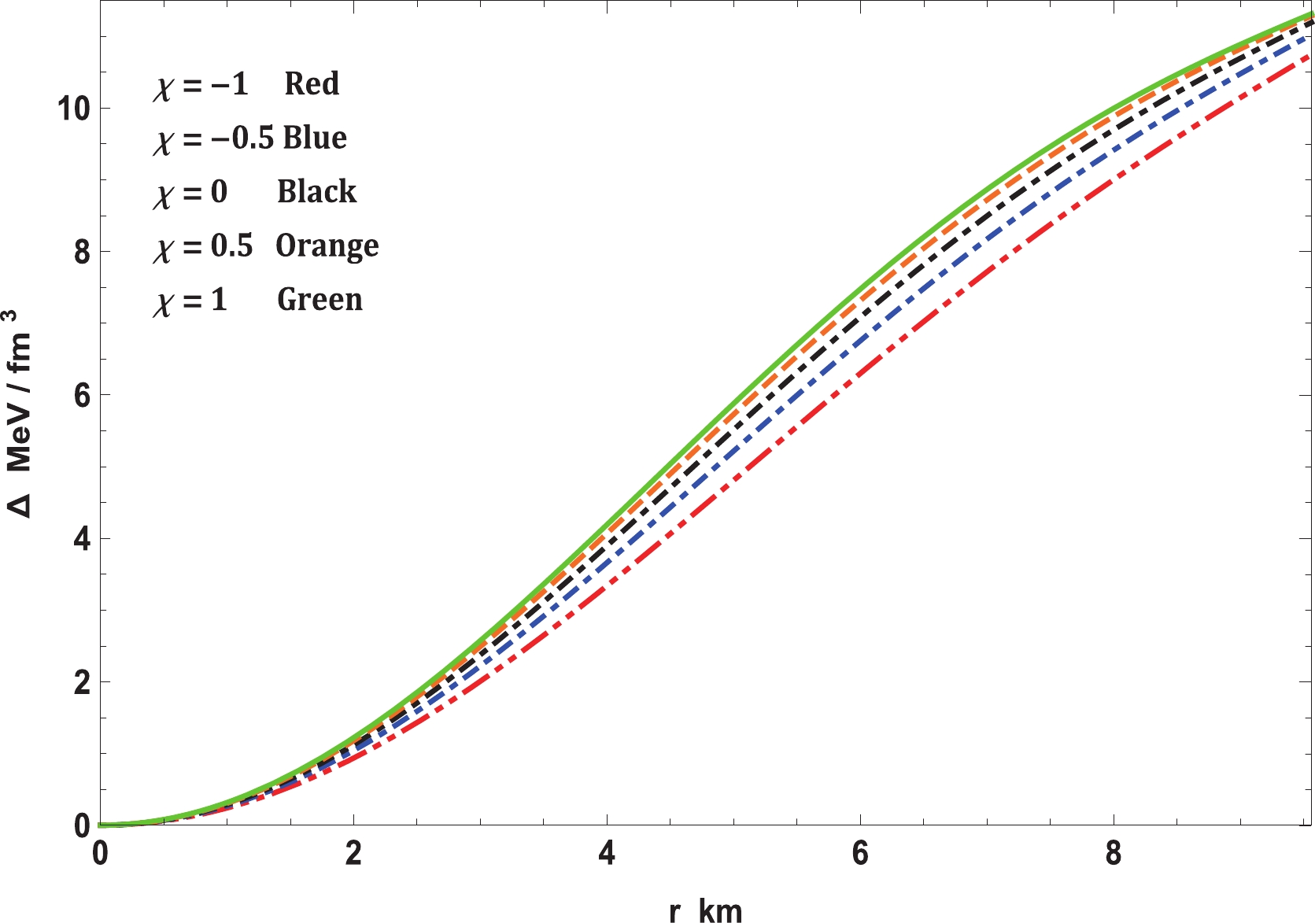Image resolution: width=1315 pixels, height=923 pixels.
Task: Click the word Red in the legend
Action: tap(312, 83)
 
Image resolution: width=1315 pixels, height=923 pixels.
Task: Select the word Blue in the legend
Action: tap(315, 138)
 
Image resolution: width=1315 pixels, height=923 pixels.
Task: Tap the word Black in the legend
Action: tap(316, 191)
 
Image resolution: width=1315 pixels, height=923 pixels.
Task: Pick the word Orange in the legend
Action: tap(327, 246)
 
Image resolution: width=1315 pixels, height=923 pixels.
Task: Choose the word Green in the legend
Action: tap(320, 300)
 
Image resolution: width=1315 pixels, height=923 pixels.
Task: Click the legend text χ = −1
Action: tap(201, 84)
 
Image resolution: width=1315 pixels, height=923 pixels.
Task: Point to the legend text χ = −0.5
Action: tap(213, 138)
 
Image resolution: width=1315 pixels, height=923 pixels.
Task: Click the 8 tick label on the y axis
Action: tap(81, 252)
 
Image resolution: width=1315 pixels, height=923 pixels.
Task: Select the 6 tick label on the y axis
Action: tap(81, 395)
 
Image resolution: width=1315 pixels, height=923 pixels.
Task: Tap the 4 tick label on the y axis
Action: tap(81, 539)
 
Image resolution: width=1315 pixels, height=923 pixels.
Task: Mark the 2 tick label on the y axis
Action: tap(81, 682)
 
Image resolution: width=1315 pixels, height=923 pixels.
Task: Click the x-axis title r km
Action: tap(705, 910)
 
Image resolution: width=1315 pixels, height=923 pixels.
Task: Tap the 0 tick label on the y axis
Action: tap(81, 825)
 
